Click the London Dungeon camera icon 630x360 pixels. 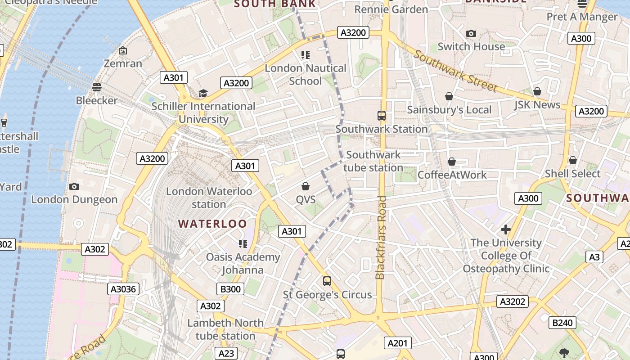click(x=74, y=186)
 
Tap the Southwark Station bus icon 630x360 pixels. click(x=382, y=116)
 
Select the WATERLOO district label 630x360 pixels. click(x=212, y=224)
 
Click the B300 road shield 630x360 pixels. click(x=230, y=289)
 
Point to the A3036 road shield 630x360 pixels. click(x=124, y=289)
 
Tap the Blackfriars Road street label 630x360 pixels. click(x=381, y=237)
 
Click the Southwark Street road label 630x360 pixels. click(x=455, y=71)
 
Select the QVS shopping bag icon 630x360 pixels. click(x=306, y=186)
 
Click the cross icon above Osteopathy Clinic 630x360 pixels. click(x=506, y=230)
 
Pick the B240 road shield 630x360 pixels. click(x=562, y=322)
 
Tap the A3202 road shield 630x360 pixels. click(x=513, y=301)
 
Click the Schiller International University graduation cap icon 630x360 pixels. click(x=203, y=93)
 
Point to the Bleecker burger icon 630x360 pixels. click(x=96, y=87)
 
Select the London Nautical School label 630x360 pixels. click(x=306, y=75)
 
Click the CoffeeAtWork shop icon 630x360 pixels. click(x=452, y=161)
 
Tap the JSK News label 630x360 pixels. click(x=537, y=105)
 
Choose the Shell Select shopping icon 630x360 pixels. click(x=572, y=160)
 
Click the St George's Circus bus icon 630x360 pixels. click(x=327, y=281)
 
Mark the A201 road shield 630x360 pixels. click(x=397, y=343)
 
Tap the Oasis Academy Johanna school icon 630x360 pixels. click(x=243, y=244)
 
